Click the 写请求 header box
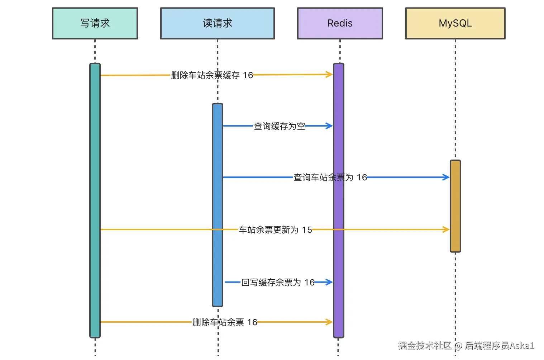pos(95,23)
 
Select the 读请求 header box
pos(217,23)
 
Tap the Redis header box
pos(340,23)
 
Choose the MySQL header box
pos(455,23)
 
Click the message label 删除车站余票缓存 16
pos(212,75)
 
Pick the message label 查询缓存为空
pos(280,126)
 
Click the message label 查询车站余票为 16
pos(330,177)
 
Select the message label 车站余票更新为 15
pos(275,230)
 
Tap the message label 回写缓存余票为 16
pos(278,283)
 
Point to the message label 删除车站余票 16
pos(225,322)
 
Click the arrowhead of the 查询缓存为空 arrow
pos(330,126)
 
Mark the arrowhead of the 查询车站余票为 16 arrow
pos(447,177)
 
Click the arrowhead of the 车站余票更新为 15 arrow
pos(447,229)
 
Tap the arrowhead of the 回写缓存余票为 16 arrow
pos(330,282)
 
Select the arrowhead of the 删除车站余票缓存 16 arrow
pos(330,75)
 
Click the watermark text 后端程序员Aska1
pos(499,346)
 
